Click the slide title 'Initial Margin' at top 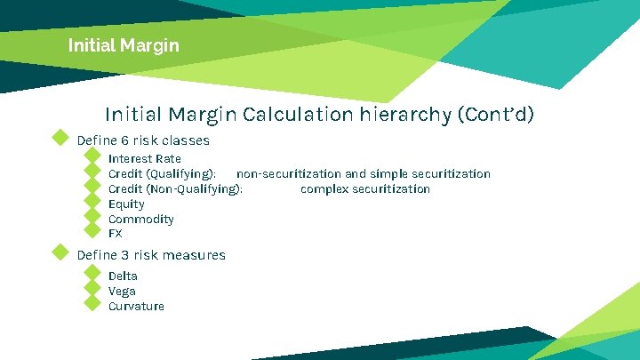click(x=123, y=44)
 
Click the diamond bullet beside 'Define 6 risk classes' click(x=60, y=138)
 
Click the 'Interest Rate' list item click(x=144, y=158)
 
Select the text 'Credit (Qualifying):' click(x=162, y=173)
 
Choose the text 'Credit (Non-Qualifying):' click(x=175, y=188)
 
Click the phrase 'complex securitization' click(x=364, y=188)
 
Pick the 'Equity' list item click(x=126, y=204)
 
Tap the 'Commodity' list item click(x=140, y=219)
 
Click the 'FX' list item click(x=116, y=234)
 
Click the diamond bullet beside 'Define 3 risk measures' click(x=60, y=252)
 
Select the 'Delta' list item click(x=123, y=276)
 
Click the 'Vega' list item click(x=122, y=291)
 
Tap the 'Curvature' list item click(x=136, y=306)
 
